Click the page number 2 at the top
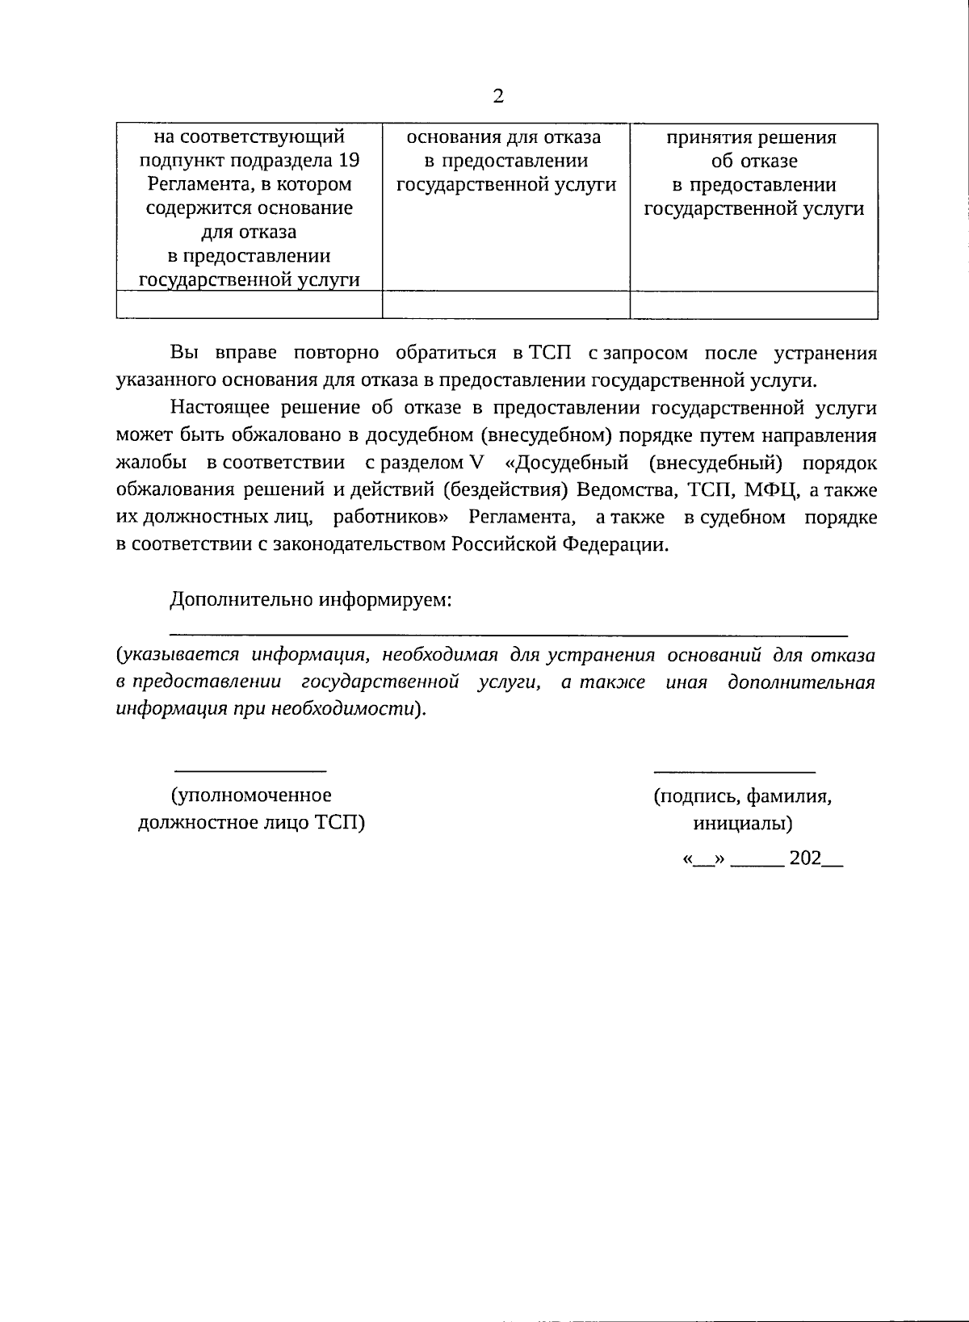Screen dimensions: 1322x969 click(497, 96)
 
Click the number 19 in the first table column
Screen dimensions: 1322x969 click(348, 160)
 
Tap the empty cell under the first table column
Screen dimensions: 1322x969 click(250, 305)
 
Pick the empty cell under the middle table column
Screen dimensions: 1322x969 click(505, 305)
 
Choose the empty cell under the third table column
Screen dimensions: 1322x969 click(753, 305)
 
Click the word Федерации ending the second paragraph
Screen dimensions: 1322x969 click(615, 544)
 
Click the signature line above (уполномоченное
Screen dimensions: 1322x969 click(251, 770)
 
